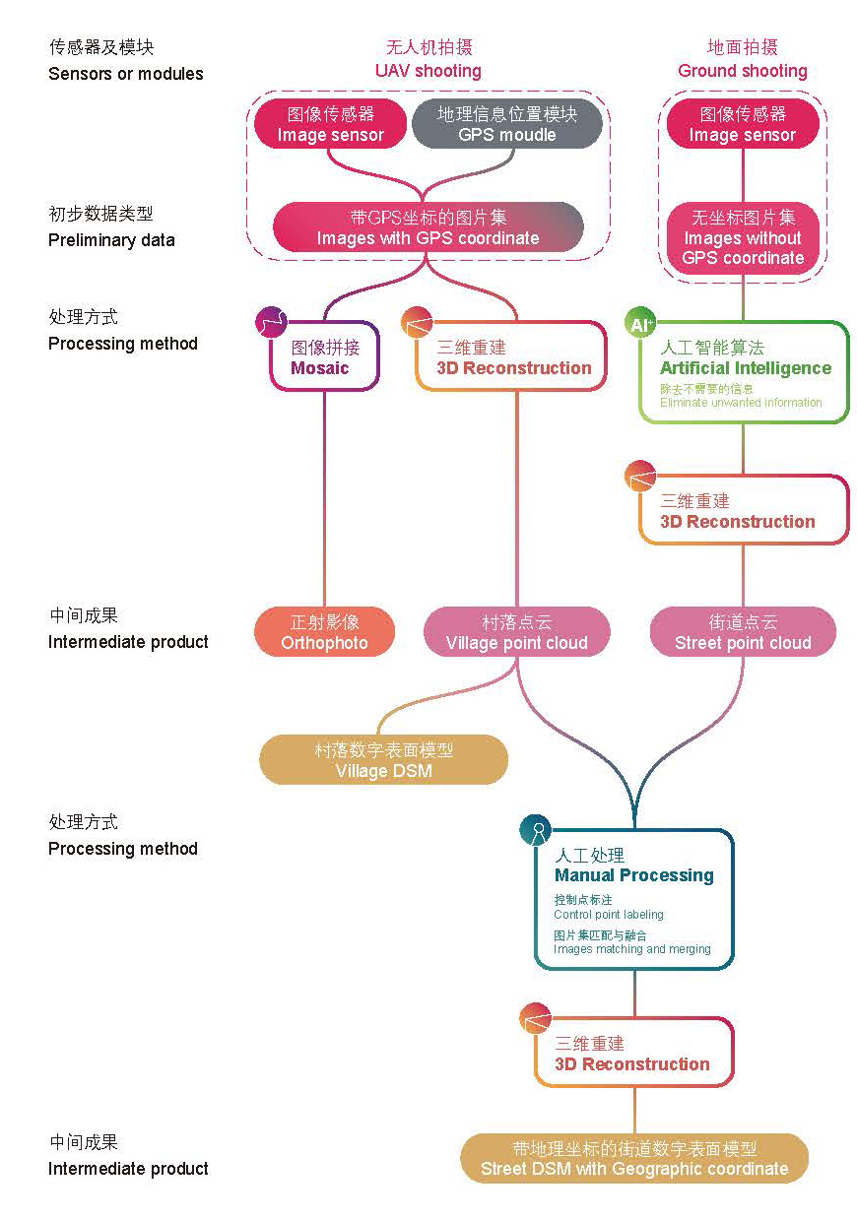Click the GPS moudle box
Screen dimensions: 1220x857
(x=506, y=125)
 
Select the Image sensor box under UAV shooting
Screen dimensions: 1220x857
(x=330, y=125)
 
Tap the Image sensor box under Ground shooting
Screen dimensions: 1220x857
(x=742, y=125)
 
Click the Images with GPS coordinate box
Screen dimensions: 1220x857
(x=428, y=226)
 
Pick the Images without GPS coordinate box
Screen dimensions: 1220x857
(x=743, y=238)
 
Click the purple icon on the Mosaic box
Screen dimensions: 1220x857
(x=271, y=322)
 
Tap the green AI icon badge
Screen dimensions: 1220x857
(x=640, y=323)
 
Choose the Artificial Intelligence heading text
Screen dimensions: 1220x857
(x=746, y=368)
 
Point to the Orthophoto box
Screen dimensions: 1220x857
(x=324, y=632)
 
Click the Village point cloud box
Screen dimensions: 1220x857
(x=516, y=632)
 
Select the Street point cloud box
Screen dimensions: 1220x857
(x=743, y=632)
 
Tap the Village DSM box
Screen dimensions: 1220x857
(x=383, y=760)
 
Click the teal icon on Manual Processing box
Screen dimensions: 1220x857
(x=535, y=830)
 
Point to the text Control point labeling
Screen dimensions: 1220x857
(x=609, y=915)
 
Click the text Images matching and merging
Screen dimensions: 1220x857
(x=631, y=949)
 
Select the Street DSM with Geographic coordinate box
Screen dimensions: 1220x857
(x=633, y=1159)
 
